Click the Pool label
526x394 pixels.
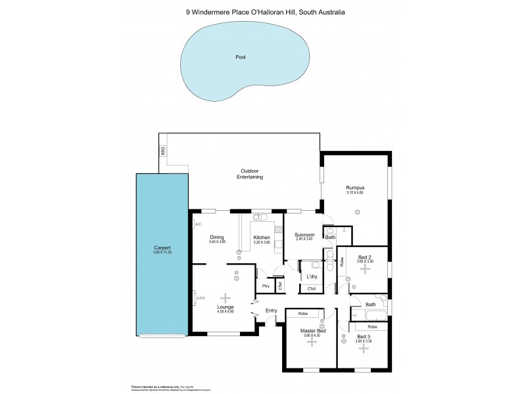[241, 58]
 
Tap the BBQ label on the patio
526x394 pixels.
[162, 151]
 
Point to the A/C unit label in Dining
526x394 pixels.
[197, 225]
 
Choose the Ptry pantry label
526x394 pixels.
[266, 286]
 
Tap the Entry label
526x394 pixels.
[271, 311]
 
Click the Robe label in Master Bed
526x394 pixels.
[303, 314]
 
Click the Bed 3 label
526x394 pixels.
[363, 336]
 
